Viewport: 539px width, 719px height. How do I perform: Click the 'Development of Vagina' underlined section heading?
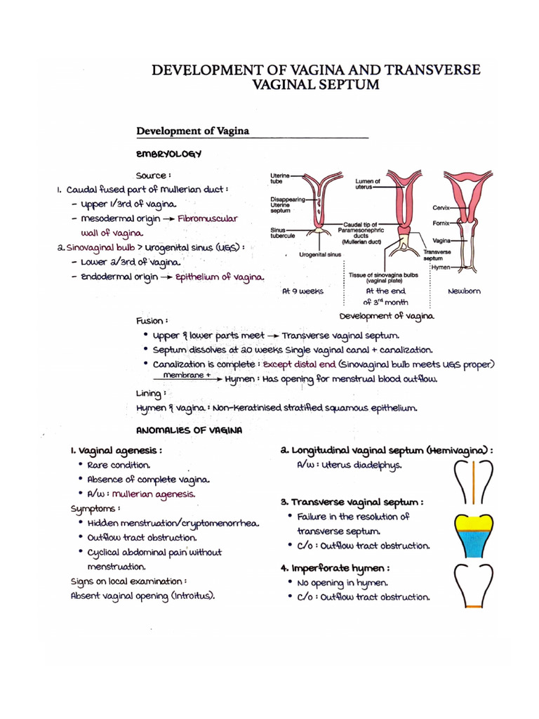click(192, 131)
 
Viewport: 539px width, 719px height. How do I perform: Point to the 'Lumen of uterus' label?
click(368, 184)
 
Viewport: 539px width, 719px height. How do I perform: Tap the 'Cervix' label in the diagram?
click(441, 209)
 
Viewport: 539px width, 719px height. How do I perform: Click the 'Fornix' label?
click(441, 223)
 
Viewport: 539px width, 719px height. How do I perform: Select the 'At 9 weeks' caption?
click(302, 291)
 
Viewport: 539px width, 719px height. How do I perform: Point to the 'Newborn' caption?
click(464, 291)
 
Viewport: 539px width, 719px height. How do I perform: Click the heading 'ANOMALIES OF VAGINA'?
click(189, 430)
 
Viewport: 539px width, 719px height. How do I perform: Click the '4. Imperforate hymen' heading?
click(335, 567)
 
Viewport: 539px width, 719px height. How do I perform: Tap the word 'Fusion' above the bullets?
click(152, 320)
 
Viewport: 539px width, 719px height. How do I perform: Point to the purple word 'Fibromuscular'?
click(207, 218)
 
